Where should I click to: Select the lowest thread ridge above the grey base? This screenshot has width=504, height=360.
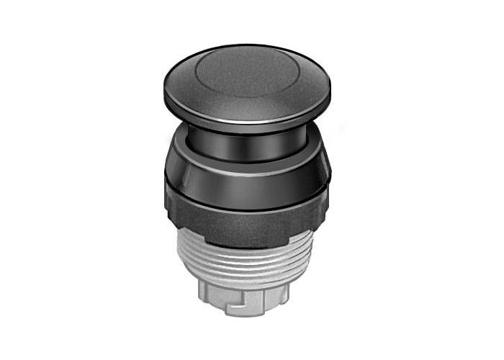(x=245, y=281)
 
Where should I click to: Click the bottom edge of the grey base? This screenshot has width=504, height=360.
(x=245, y=315)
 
